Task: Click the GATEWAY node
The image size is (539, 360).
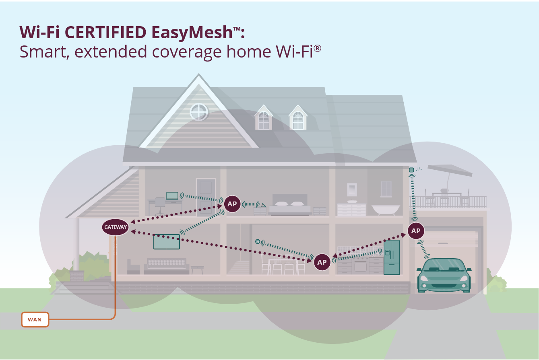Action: (x=115, y=227)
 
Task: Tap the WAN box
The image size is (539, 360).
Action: (x=35, y=320)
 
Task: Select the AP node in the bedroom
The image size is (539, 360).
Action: (x=232, y=204)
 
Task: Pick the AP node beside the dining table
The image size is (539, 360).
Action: (x=322, y=262)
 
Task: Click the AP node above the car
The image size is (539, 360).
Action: (x=415, y=231)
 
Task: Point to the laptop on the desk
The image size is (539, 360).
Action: (x=172, y=196)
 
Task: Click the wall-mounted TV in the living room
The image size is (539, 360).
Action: (x=166, y=242)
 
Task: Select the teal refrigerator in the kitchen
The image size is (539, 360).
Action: (x=392, y=257)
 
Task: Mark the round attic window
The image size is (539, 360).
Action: (x=199, y=112)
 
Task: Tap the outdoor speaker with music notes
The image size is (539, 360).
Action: (x=411, y=170)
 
